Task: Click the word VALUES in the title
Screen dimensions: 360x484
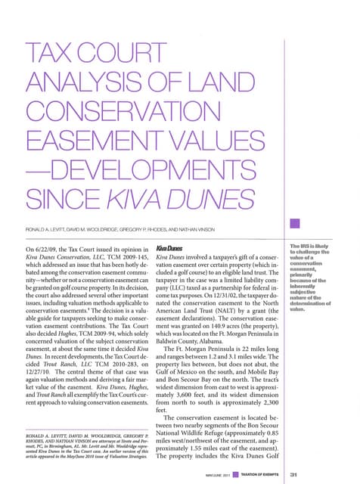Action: tap(173, 126)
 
